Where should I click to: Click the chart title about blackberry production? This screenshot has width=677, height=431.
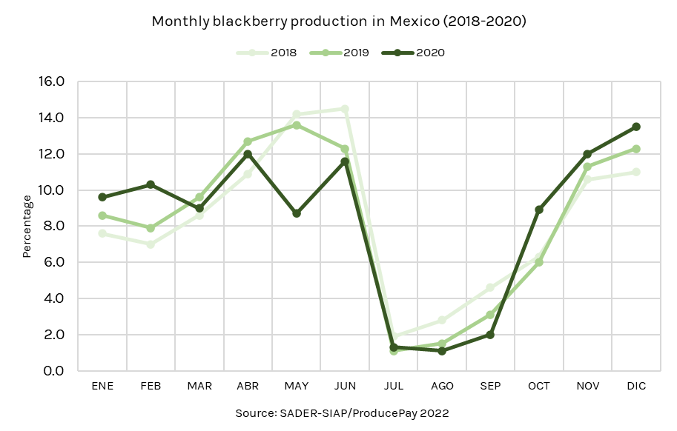(x=339, y=21)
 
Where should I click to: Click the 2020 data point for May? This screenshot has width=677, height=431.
(x=297, y=213)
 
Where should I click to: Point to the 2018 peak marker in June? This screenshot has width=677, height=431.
(x=345, y=109)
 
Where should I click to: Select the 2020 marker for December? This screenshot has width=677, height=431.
(x=636, y=127)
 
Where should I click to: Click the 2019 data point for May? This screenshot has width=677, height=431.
(x=297, y=125)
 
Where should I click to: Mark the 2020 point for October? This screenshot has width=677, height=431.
(x=539, y=210)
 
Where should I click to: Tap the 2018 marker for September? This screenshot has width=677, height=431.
(x=490, y=287)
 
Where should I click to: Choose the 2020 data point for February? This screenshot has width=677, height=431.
(x=151, y=184)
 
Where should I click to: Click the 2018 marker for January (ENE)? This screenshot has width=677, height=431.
(x=102, y=233)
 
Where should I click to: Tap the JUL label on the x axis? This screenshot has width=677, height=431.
(x=393, y=387)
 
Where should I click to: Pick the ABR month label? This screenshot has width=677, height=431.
(x=248, y=387)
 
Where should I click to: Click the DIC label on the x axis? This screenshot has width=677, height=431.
(x=636, y=387)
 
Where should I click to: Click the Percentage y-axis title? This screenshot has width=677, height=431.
(x=27, y=226)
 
